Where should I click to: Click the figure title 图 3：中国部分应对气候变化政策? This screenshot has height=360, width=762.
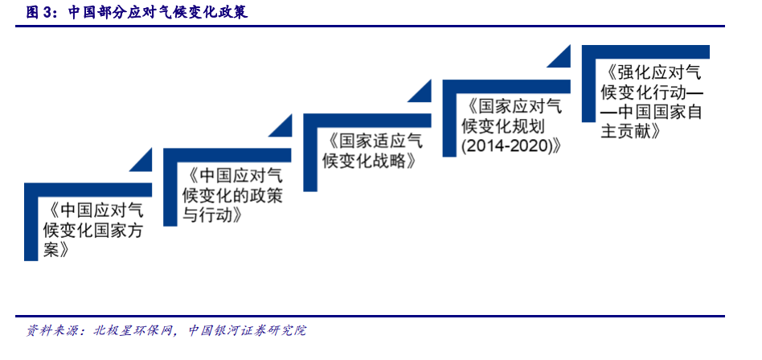(x=137, y=13)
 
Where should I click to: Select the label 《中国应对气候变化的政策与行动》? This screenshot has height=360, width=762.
(x=231, y=196)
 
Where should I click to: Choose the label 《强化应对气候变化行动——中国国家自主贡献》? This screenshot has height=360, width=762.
(x=651, y=103)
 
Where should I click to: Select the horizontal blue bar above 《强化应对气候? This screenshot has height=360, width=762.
(x=645, y=52)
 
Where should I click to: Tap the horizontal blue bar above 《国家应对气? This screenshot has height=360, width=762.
(x=506, y=86)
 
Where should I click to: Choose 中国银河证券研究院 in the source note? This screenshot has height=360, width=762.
(x=248, y=331)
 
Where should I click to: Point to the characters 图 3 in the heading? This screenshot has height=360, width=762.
(x=39, y=13)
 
